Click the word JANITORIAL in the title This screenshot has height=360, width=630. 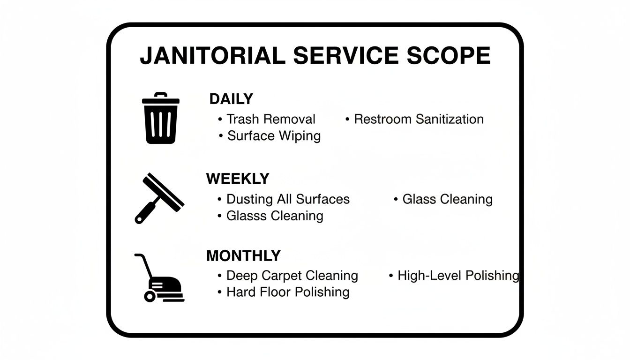click(212, 56)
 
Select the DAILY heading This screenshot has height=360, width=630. click(231, 99)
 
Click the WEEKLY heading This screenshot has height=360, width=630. click(238, 179)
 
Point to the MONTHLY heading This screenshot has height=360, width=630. click(243, 256)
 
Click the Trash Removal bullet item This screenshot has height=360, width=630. click(270, 119)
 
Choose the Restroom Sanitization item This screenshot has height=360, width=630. click(419, 119)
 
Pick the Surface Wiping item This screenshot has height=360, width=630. click(274, 136)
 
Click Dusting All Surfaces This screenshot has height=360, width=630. click(288, 199)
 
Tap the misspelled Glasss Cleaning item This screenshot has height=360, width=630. click(275, 216)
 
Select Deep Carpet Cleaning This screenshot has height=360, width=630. click(292, 276)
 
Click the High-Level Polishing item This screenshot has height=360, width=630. click(458, 276)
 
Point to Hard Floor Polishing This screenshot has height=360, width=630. click(288, 292)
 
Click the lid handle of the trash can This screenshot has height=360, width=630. click(160, 95)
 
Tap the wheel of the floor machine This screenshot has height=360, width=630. click(150, 296)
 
